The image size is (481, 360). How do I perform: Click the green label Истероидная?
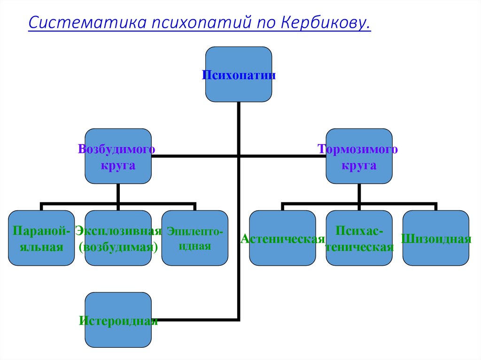pos(118,322)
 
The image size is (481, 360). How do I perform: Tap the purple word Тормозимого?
pos(358,150)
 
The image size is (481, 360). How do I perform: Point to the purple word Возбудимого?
pos(117,150)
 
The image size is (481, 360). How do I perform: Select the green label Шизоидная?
pos(436,238)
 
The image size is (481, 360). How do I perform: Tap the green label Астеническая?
pos(282,238)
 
